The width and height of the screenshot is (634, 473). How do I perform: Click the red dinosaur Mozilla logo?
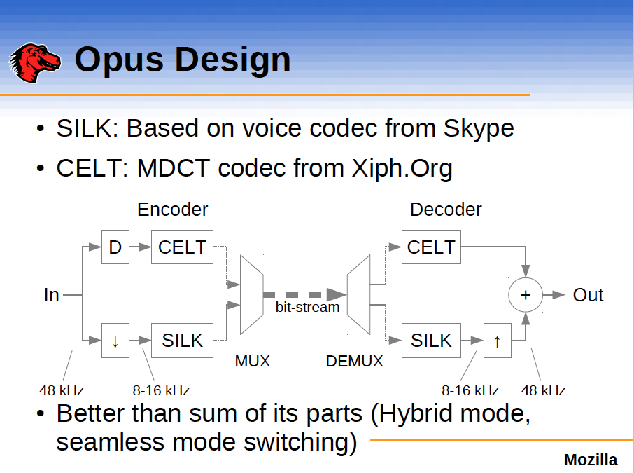tap(35, 62)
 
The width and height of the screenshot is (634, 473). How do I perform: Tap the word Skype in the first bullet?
tap(479, 128)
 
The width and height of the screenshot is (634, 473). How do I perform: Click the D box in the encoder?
tap(115, 247)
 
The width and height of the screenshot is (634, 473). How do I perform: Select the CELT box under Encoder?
tap(182, 247)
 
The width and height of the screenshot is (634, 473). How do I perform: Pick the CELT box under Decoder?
tap(431, 247)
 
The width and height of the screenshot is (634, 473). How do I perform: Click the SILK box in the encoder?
tap(182, 341)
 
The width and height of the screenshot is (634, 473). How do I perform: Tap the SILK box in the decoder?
tap(431, 341)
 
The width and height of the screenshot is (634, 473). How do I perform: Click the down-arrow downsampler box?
tap(115, 341)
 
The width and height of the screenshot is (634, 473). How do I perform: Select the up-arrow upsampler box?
tap(497, 341)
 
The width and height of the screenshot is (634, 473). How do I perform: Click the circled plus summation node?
tap(526, 295)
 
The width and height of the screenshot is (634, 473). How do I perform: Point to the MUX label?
tap(252, 362)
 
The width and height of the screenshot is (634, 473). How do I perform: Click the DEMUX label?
tap(355, 362)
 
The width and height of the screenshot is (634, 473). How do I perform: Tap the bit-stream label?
tap(307, 307)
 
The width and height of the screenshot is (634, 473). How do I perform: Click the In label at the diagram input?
tap(52, 295)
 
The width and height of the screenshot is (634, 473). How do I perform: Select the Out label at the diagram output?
tap(588, 295)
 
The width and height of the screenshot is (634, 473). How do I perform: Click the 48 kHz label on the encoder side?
tap(62, 390)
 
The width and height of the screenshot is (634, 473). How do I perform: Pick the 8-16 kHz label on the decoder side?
tap(470, 390)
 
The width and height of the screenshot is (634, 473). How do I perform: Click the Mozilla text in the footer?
tap(591, 460)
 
